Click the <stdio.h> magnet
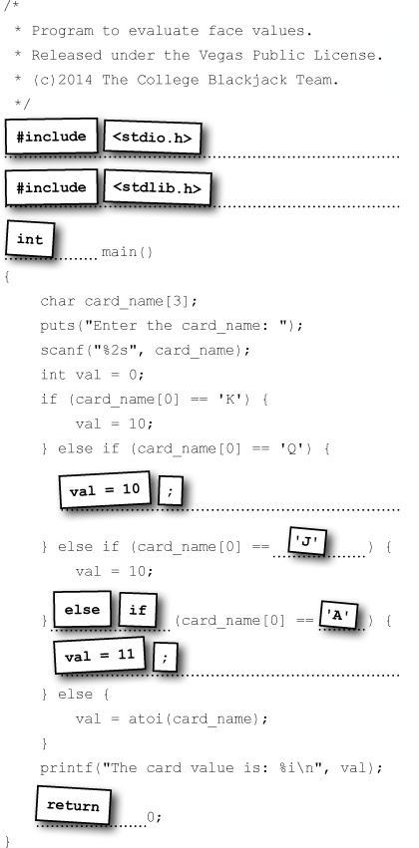click(x=152, y=138)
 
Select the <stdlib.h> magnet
click(x=157, y=187)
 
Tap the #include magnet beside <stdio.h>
click(x=52, y=137)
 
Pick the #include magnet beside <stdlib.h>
click(x=52, y=187)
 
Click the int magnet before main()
click(x=30, y=239)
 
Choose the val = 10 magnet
click(x=105, y=490)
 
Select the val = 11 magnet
click(x=100, y=656)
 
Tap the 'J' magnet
click(x=307, y=541)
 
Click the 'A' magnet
click(x=339, y=615)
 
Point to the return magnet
click(x=74, y=806)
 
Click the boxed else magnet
click(x=82, y=610)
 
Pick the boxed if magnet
click(x=138, y=610)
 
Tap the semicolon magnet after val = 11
click(x=166, y=657)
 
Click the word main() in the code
click(x=128, y=252)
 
